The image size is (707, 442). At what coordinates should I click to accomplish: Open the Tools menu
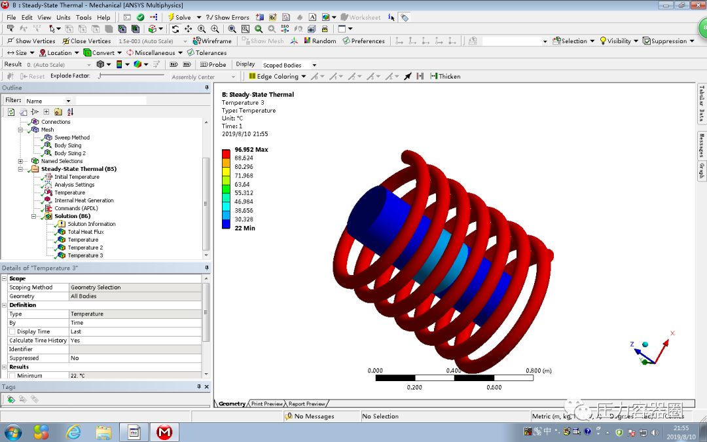[x=83, y=17]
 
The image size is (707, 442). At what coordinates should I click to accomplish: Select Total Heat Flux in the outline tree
[x=86, y=232]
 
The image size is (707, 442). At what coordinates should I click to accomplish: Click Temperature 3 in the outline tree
[x=85, y=255]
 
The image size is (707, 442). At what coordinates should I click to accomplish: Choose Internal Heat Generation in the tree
[x=84, y=200]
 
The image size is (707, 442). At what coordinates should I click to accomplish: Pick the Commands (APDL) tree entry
[x=76, y=208]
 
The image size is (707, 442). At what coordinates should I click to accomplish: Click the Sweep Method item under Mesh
[x=72, y=138]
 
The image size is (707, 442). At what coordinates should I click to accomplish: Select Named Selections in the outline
[x=62, y=161]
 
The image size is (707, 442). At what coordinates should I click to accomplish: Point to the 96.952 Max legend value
[x=251, y=150]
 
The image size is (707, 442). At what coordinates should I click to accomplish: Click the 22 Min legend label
[x=245, y=229]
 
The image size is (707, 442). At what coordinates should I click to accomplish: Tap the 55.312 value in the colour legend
[x=244, y=193]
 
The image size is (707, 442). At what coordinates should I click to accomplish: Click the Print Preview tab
[x=267, y=404]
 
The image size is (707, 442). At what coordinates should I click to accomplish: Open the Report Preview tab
[x=306, y=404]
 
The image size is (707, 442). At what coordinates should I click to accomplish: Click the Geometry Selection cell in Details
[x=96, y=287]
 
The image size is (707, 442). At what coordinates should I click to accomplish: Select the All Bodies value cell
[x=84, y=297]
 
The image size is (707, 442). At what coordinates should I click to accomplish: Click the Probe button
[x=213, y=65]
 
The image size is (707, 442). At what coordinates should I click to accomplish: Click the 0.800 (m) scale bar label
[x=539, y=371]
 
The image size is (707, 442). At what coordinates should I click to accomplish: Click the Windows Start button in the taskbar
[x=13, y=432]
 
